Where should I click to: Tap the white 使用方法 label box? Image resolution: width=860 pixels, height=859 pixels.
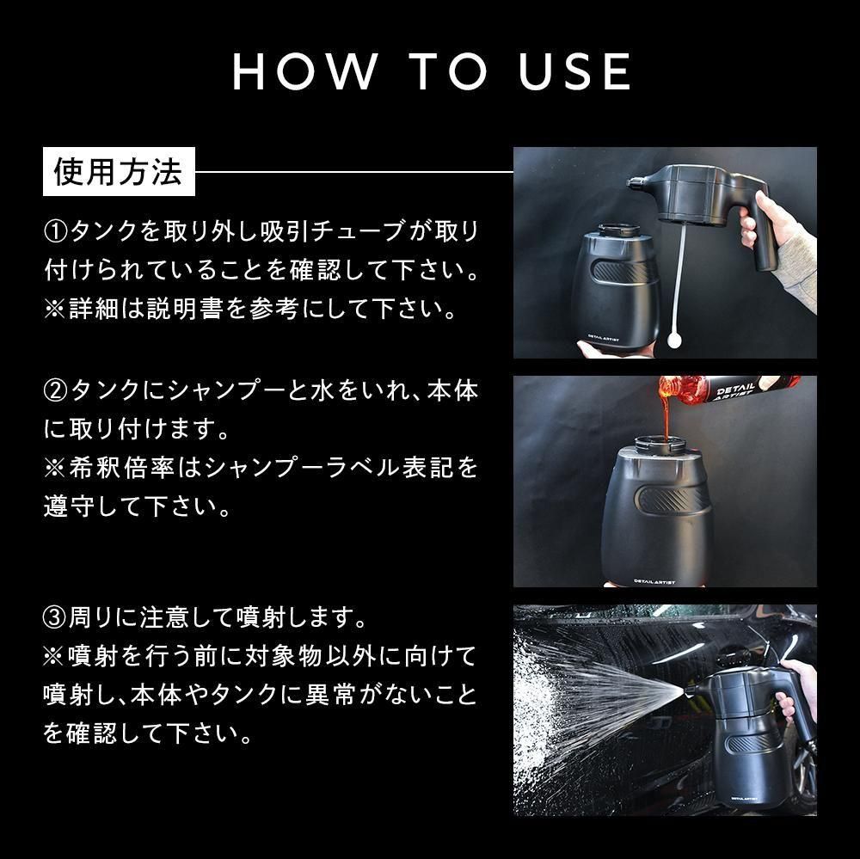[119, 172]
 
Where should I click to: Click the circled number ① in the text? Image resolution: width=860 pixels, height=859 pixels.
[55, 231]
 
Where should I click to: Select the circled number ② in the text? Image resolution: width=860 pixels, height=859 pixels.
[55, 390]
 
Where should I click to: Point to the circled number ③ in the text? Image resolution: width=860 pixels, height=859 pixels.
[55, 617]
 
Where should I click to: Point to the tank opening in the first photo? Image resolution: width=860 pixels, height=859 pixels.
[618, 230]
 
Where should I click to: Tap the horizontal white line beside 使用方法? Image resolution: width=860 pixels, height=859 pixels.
[353, 172]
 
